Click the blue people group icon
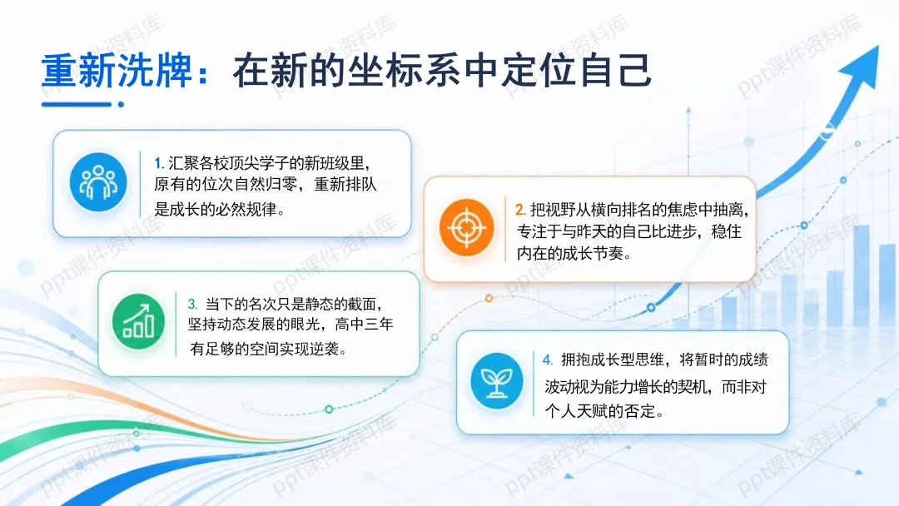click(x=98, y=182)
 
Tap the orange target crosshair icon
click(x=466, y=227)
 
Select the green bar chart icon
click(x=138, y=322)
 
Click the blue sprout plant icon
click(x=496, y=381)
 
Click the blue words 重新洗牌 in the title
click(x=117, y=71)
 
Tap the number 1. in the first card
click(x=159, y=164)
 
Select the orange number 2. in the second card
click(x=520, y=210)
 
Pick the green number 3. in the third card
click(x=192, y=304)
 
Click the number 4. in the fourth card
click(x=548, y=360)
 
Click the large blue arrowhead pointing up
click(x=862, y=66)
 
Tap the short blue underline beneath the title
click(x=77, y=104)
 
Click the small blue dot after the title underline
click(x=121, y=104)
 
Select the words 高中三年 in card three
click(x=364, y=325)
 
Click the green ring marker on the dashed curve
click(x=329, y=409)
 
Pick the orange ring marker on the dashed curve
click(x=489, y=299)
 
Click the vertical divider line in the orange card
click(x=505, y=229)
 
